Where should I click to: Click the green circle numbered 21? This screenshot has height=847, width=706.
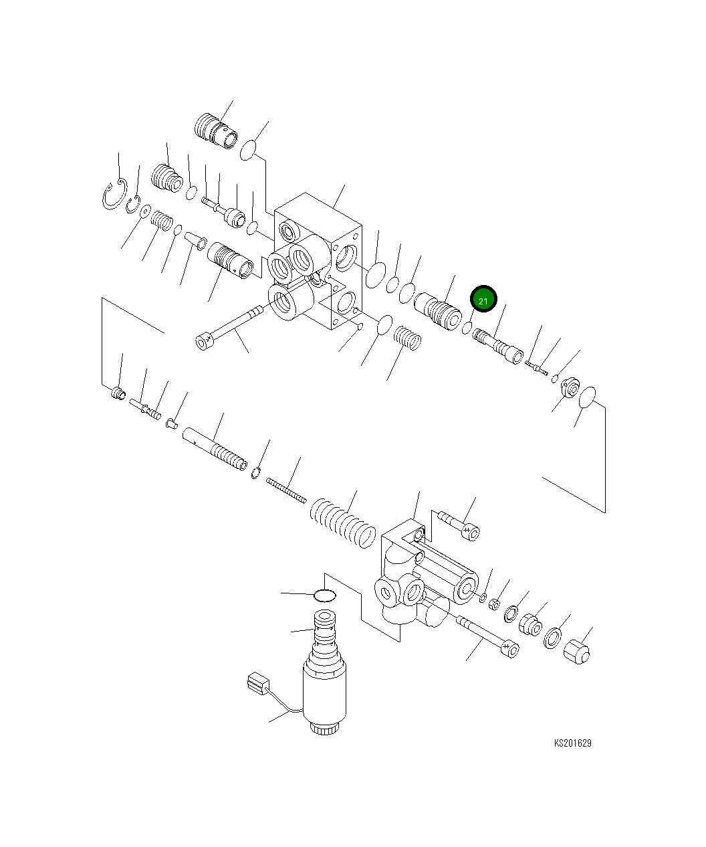coord(483,300)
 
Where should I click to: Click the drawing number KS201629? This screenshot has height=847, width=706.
coord(572,743)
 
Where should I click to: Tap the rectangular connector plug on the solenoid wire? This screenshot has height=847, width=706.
coord(257,684)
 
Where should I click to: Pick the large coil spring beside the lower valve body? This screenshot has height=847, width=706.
coord(342,521)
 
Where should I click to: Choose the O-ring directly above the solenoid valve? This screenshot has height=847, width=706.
coord(325,595)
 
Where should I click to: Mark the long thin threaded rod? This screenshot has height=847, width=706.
coord(286,490)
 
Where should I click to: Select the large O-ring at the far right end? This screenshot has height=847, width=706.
coord(586,397)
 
